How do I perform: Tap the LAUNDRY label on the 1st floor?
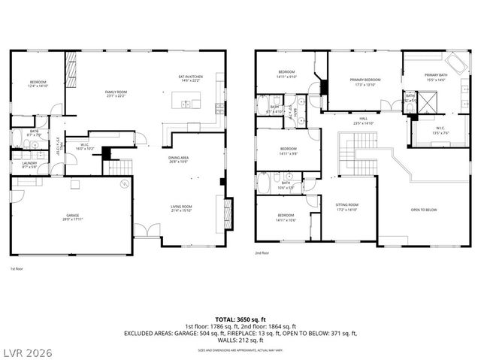click(29, 165)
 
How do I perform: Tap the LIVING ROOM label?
click(179, 208)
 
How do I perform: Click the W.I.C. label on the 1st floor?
click(86, 147)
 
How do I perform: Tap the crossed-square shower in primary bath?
click(426, 101)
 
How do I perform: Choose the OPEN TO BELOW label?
click(422, 210)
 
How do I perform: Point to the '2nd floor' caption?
click(262, 253)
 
